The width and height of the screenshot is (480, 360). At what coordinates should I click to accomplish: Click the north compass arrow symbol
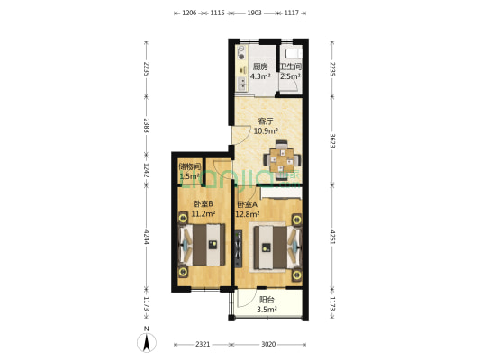pos(147,342)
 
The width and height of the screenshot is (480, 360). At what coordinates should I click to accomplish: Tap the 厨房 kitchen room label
pos(260,67)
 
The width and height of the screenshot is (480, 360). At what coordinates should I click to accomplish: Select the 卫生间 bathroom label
pos(291,67)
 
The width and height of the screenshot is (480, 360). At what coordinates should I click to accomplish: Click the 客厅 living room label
pos(266,121)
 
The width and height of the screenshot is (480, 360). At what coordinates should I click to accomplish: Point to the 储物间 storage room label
pos(189,166)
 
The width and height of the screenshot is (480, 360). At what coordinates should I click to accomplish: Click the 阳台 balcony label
pos(267,300)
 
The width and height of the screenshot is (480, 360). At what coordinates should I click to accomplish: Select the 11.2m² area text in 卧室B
pos(203,213)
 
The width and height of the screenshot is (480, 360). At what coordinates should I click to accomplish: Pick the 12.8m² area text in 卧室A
pos(248,214)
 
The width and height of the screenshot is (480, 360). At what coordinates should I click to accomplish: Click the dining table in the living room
pos(282,159)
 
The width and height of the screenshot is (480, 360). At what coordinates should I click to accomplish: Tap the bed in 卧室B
pos(202,245)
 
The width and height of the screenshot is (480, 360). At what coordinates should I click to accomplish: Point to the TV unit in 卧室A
pos(238,248)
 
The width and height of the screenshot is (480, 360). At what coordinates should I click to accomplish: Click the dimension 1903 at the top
pos(254,13)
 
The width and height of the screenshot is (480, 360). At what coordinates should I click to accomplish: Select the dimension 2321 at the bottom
pos(203,344)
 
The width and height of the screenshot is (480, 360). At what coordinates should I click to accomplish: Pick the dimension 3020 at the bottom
pos(268,344)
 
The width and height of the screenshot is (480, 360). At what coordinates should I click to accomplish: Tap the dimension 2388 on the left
pos(146,125)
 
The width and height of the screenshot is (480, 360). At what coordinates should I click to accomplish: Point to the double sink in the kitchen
pos(242,84)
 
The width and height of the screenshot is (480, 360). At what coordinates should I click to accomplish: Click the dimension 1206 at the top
pos(189,13)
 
